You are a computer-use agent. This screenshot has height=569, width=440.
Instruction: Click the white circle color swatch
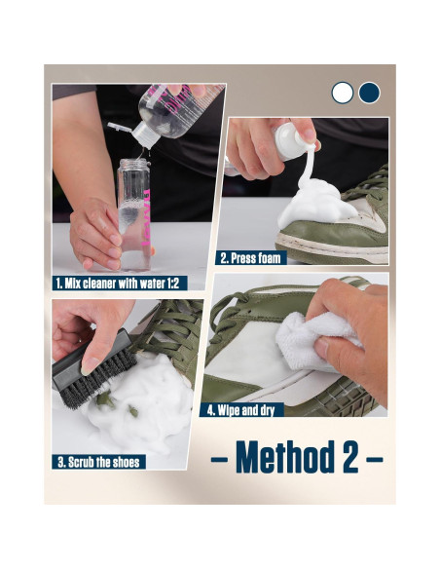coord(342,93)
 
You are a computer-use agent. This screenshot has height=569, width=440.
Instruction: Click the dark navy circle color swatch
coord(368,93)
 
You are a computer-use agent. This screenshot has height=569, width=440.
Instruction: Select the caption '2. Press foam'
coord(251,258)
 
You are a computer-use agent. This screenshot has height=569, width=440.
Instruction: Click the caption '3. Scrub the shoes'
coord(98,460)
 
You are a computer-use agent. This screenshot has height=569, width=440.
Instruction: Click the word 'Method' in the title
coord(278,458)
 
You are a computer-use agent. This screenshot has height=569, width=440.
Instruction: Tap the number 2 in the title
coord(347,458)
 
